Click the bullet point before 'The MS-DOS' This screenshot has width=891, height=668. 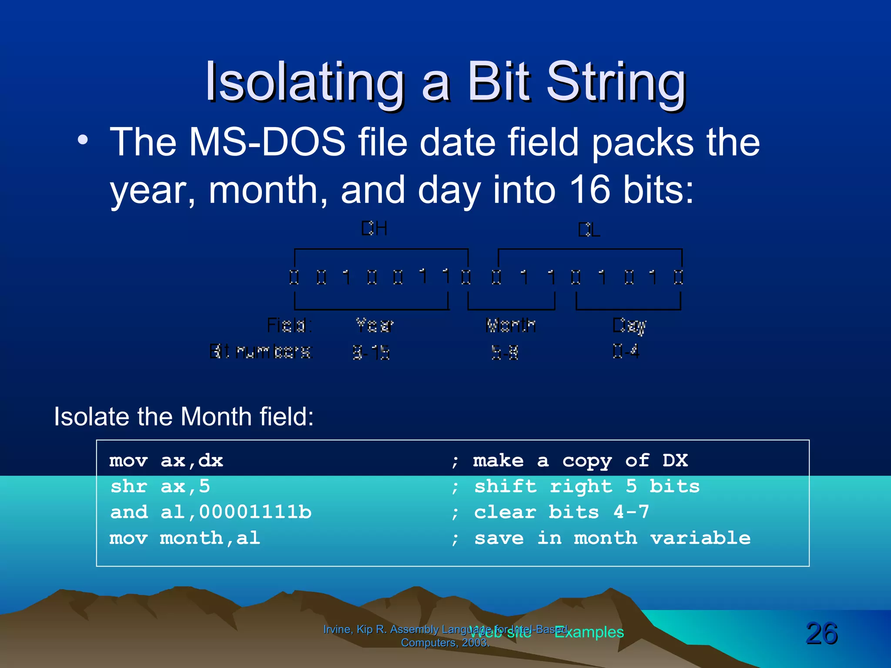(x=83, y=140)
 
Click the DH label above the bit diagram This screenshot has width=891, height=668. (x=374, y=228)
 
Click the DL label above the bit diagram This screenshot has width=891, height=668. (x=589, y=230)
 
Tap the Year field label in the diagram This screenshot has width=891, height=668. (x=375, y=325)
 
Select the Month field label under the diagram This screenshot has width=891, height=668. (x=511, y=325)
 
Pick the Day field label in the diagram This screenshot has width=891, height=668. (x=629, y=325)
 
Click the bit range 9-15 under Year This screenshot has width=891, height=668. (x=371, y=352)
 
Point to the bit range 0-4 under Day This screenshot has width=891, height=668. (x=626, y=351)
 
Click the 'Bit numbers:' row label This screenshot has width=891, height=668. (x=261, y=351)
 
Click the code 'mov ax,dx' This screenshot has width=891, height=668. (x=166, y=461)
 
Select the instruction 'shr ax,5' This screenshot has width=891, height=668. (x=160, y=487)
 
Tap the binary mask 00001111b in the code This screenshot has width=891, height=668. (x=255, y=512)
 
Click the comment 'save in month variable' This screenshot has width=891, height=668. (x=612, y=538)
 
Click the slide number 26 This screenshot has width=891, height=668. (x=821, y=633)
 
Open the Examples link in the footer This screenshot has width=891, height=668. (x=589, y=632)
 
